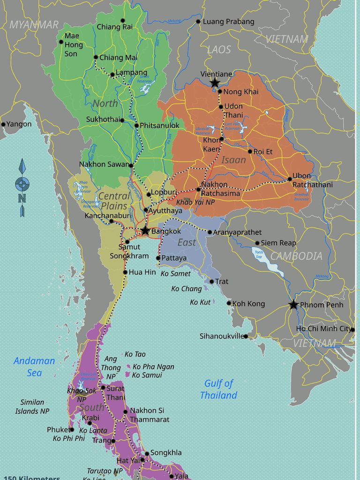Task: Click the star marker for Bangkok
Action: click(x=145, y=231)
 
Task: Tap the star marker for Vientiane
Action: click(x=215, y=83)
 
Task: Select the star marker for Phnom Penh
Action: click(x=293, y=305)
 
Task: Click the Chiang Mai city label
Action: click(x=118, y=58)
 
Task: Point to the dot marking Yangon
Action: click(x=3, y=124)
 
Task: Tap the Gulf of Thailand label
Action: click(x=218, y=390)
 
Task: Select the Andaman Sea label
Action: click(x=34, y=367)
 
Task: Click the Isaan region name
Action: click(x=233, y=160)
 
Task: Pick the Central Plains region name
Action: click(x=114, y=201)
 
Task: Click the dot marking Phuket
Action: click(x=72, y=429)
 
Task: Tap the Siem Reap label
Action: click(x=278, y=243)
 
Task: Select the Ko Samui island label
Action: click(x=147, y=375)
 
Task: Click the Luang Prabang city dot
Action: click(x=198, y=22)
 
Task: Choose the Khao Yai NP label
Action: click(x=195, y=202)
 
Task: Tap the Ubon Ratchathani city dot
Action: click(x=290, y=179)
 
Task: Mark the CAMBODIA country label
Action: click(x=296, y=256)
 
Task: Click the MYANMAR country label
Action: click(x=34, y=25)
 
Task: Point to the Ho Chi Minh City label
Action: click(x=323, y=329)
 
